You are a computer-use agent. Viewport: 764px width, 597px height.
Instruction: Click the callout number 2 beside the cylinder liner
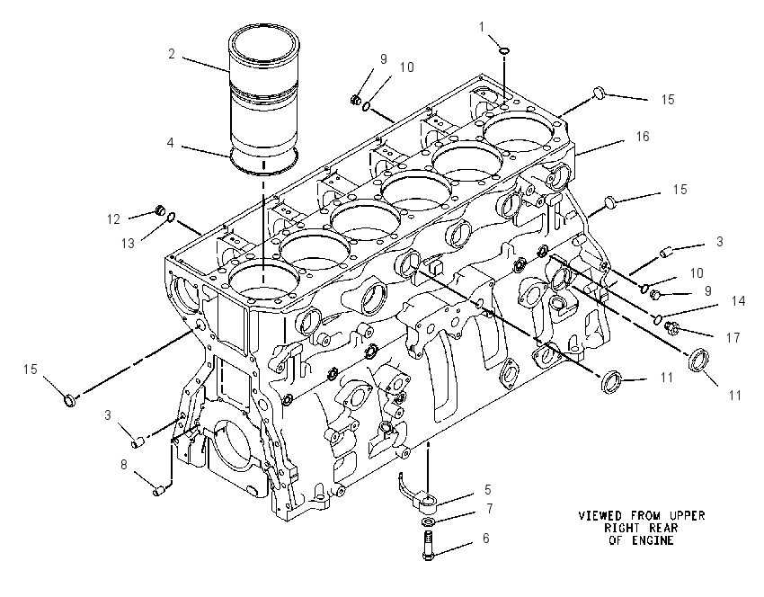pyautogui.click(x=172, y=53)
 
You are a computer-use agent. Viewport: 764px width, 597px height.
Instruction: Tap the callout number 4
pyautogui.click(x=170, y=143)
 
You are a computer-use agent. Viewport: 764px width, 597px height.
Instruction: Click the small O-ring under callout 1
pyautogui.click(x=505, y=49)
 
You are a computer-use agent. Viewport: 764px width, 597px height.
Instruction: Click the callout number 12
pyautogui.click(x=113, y=219)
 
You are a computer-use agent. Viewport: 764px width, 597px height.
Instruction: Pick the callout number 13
pyautogui.click(x=128, y=243)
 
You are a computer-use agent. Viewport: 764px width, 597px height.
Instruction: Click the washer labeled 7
pyautogui.click(x=428, y=522)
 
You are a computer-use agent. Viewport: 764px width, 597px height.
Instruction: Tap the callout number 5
pyautogui.click(x=487, y=490)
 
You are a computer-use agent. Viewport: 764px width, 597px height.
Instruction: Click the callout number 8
pyautogui.click(x=124, y=465)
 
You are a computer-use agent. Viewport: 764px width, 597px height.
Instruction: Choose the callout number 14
pyautogui.click(x=739, y=301)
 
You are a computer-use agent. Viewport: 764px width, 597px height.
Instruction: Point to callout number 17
pyautogui.click(x=733, y=337)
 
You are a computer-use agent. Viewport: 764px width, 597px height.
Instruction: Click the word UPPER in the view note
pyautogui.click(x=687, y=515)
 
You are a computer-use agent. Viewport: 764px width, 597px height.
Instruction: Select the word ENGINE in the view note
pyautogui.click(x=653, y=540)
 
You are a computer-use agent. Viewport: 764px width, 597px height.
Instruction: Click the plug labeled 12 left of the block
pyautogui.click(x=158, y=210)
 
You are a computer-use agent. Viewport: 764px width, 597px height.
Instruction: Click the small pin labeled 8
pyautogui.click(x=158, y=491)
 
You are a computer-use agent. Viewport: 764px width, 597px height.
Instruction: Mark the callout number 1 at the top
pyautogui.click(x=482, y=27)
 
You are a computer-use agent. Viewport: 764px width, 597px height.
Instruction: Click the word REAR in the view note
pyautogui.click(x=663, y=528)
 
